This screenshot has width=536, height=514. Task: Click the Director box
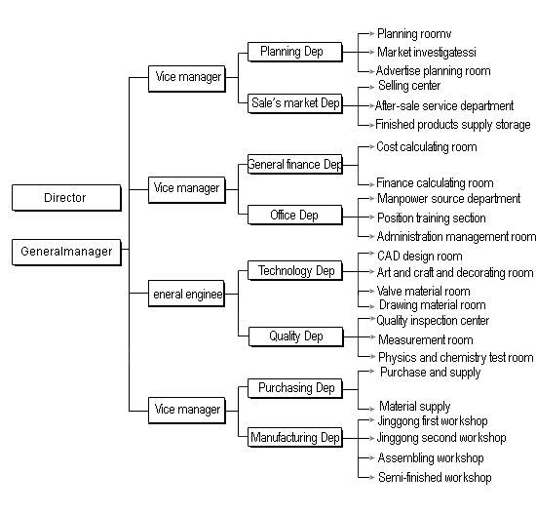click(66, 198)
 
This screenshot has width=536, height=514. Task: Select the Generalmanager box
click(66, 253)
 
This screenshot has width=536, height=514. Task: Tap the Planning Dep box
click(294, 52)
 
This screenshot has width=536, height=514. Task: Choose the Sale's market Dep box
click(294, 103)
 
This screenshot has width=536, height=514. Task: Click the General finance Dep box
click(294, 164)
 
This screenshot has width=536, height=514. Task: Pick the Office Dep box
click(294, 215)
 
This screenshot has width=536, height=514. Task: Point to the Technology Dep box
click(294, 271)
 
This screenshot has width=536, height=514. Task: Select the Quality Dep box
click(295, 336)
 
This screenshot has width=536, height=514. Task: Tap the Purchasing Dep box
click(294, 388)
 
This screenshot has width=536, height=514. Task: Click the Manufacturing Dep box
click(294, 437)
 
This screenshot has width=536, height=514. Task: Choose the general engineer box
click(187, 294)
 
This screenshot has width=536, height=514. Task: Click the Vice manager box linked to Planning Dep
click(187, 79)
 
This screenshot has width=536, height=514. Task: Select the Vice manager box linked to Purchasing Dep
click(187, 411)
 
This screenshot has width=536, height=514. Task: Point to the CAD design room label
click(419, 256)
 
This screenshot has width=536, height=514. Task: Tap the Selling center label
click(409, 86)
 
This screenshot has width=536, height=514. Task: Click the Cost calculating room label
click(426, 147)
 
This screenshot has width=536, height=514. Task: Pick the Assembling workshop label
click(431, 457)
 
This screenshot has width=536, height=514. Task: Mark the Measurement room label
click(425, 339)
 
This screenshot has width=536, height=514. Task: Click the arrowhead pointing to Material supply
click(372, 409)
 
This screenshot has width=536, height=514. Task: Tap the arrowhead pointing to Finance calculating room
click(372, 185)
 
